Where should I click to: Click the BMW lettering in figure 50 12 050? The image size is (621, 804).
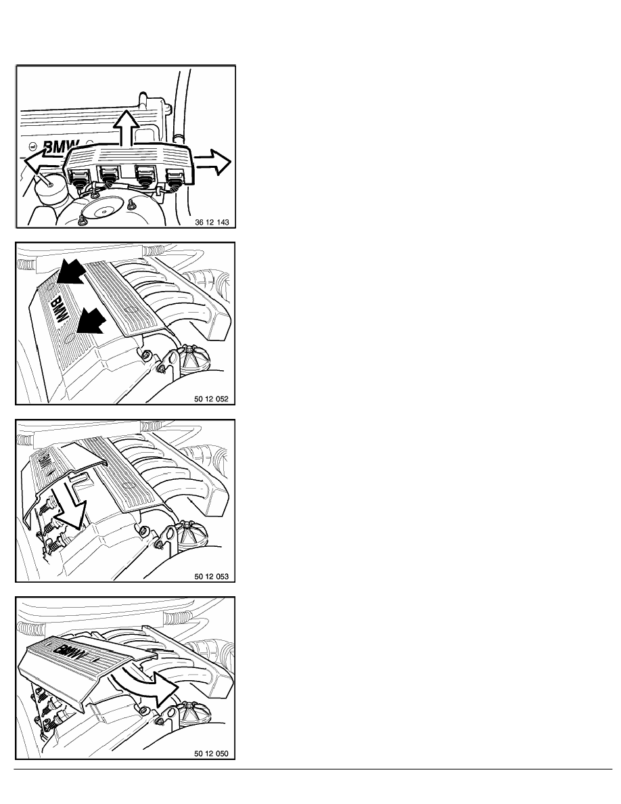[76, 653]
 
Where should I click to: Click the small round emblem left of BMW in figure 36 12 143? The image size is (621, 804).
[32, 146]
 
